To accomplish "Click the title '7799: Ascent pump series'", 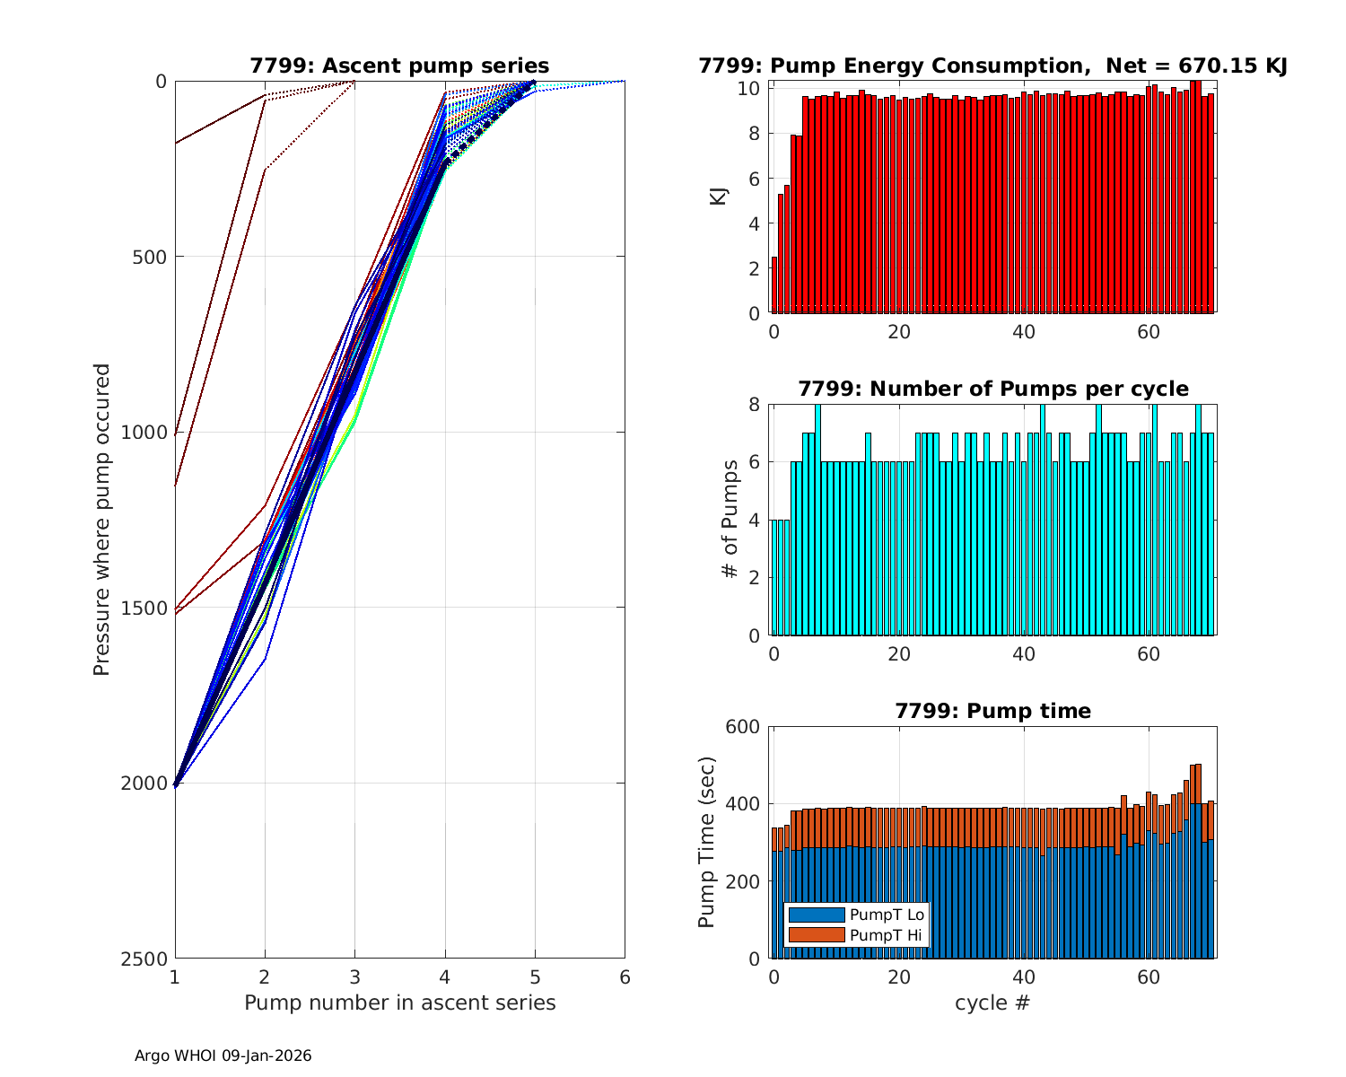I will point(399,66).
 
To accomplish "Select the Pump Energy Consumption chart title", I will point(992,66).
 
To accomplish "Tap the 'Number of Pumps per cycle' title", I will point(992,389).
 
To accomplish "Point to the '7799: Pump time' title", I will point(992,711).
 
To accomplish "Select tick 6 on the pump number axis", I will point(625,976).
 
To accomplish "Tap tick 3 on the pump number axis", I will point(354,976).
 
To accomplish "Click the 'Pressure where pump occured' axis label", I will point(101,519).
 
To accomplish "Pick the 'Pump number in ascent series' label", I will point(399,1003).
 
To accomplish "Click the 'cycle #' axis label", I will point(992,1003).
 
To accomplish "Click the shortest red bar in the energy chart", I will point(774,285).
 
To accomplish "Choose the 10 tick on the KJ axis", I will point(750,88).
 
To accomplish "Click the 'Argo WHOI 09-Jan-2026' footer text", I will point(223,1055).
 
